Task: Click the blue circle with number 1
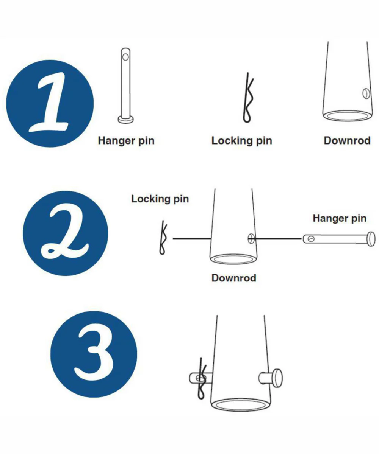click(x=50, y=104)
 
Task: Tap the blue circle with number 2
click(x=65, y=233)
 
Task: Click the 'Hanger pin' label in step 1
click(x=126, y=141)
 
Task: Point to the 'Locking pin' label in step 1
click(x=242, y=141)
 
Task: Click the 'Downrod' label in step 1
click(x=347, y=140)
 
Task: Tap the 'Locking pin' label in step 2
click(x=160, y=199)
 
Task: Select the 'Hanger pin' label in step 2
click(x=340, y=218)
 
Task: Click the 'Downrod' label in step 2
click(x=234, y=278)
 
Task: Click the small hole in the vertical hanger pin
click(x=125, y=57)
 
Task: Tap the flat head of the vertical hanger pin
click(x=126, y=120)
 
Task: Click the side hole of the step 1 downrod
click(x=366, y=94)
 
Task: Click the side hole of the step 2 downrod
click(x=251, y=238)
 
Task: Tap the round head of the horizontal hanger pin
click(x=371, y=239)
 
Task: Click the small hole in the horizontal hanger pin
click(x=311, y=239)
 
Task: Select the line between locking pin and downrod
click(x=192, y=239)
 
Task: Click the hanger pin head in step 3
click(x=277, y=378)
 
